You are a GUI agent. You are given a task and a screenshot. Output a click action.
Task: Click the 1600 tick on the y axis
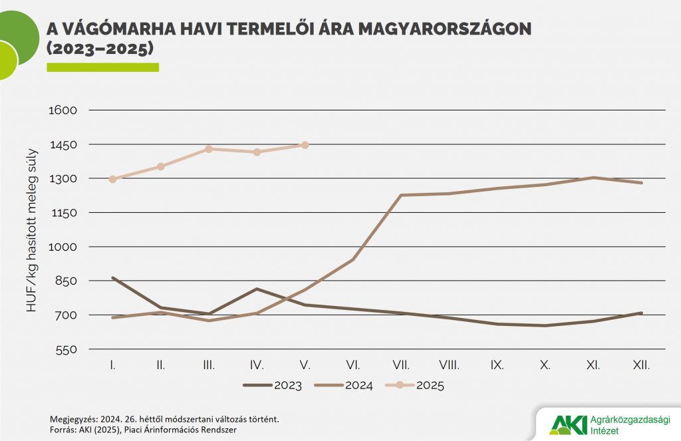click(x=65, y=110)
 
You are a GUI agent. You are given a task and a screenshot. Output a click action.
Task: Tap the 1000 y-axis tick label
click(x=65, y=247)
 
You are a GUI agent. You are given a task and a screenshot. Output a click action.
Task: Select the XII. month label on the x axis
click(x=640, y=365)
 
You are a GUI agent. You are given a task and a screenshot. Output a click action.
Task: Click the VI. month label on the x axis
click(x=353, y=365)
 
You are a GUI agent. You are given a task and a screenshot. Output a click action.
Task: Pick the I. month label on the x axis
click(x=113, y=365)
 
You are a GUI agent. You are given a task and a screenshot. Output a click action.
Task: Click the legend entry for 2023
click(x=273, y=385)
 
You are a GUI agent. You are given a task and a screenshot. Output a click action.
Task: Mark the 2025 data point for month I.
click(x=113, y=179)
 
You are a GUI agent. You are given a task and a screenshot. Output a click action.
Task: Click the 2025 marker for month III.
click(x=209, y=149)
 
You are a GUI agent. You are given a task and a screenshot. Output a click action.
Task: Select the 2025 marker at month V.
click(x=305, y=145)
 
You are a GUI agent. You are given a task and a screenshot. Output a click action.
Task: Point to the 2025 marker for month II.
click(x=161, y=166)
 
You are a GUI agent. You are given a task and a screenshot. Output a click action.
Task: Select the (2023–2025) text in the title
click(x=100, y=49)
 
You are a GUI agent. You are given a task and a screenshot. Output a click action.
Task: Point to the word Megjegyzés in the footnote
click(x=73, y=419)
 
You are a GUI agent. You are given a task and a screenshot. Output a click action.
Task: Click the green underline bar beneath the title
click(x=102, y=67)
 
